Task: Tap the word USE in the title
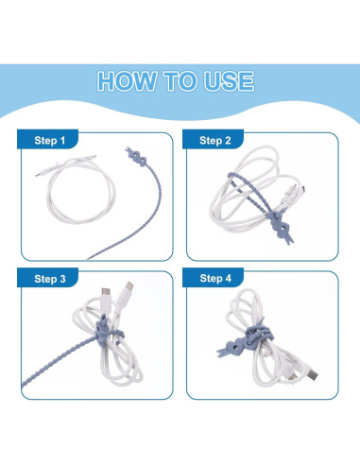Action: tap(226, 80)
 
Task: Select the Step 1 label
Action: tap(50, 141)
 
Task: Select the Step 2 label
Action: tap(214, 141)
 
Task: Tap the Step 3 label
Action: tap(50, 280)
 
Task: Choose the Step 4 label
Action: tap(214, 280)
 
